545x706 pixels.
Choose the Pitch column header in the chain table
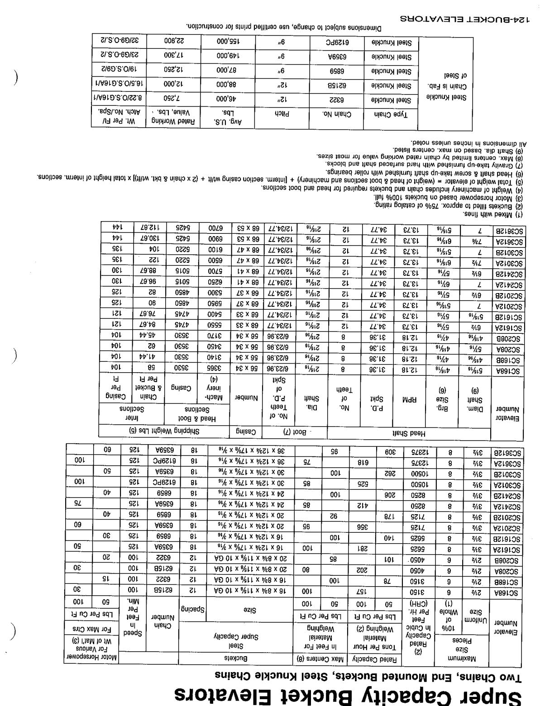pos(282,114)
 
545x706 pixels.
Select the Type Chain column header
pos(391,114)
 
